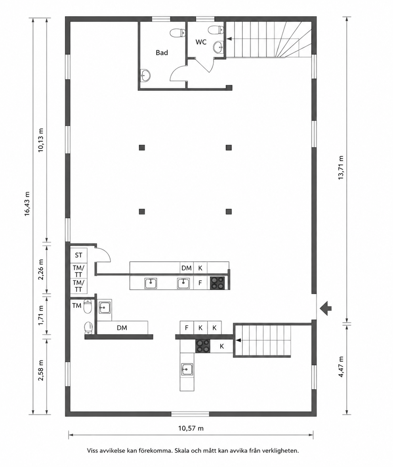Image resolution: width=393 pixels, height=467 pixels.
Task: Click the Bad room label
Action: (x=162, y=53)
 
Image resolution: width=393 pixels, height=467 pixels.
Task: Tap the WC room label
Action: (x=201, y=42)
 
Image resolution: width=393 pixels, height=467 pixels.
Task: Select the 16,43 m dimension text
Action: (x=27, y=203)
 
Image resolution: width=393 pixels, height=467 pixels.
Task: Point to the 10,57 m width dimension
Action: (x=191, y=428)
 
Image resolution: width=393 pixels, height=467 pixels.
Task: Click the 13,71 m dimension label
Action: (x=341, y=168)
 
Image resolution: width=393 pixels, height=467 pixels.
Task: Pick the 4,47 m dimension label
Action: (x=341, y=367)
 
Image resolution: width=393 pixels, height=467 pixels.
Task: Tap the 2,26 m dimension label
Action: (x=41, y=270)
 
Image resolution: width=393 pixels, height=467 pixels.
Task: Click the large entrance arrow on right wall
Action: (x=326, y=308)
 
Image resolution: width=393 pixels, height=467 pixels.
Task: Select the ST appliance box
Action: (x=78, y=255)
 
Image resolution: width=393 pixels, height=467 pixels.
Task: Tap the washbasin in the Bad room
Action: (x=145, y=75)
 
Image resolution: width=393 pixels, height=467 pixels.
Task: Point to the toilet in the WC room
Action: (x=215, y=30)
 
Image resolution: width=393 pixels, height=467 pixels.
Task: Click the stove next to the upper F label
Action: (x=217, y=283)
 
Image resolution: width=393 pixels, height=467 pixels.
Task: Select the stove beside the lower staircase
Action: (x=203, y=346)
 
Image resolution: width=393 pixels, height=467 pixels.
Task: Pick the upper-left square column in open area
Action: (x=142, y=147)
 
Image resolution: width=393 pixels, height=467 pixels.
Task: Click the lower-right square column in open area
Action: (x=229, y=211)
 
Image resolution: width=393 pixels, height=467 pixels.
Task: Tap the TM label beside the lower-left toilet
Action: (x=77, y=306)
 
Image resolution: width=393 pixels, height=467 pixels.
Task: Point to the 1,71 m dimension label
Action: (x=41, y=316)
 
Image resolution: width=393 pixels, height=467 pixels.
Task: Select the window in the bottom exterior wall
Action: (x=190, y=414)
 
